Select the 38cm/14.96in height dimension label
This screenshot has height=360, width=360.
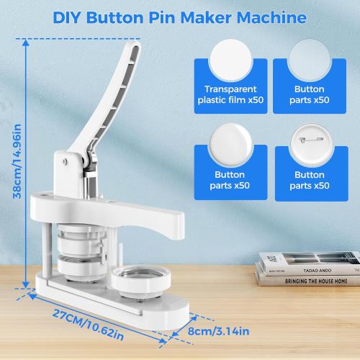point(13,162)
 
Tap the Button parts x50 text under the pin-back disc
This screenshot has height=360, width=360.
point(311,180)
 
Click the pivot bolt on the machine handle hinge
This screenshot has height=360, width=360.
point(67,160)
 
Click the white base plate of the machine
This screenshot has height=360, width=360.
point(108,295)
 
